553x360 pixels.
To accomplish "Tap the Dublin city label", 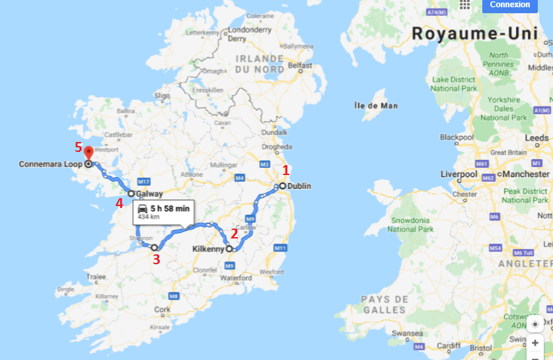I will click(x=299, y=186).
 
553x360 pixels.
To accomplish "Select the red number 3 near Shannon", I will click(x=156, y=260).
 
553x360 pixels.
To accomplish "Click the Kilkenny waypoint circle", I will click(x=229, y=249).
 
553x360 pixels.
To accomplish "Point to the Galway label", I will click(x=149, y=194).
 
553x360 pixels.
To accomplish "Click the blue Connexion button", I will click(x=509, y=5).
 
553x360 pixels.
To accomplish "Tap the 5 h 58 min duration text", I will click(x=170, y=208).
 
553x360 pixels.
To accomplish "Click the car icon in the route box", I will click(x=143, y=209).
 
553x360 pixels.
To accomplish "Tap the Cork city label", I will click(x=161, y=309).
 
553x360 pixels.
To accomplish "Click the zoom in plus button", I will click(x=535, y=343).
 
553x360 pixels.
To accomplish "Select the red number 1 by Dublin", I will click(x=286, y=169).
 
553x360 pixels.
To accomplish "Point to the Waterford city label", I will click(x=237, y=278).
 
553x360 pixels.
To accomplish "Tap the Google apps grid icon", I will click(x=465, y=4).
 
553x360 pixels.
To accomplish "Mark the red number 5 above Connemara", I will click(x=79, y=147).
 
